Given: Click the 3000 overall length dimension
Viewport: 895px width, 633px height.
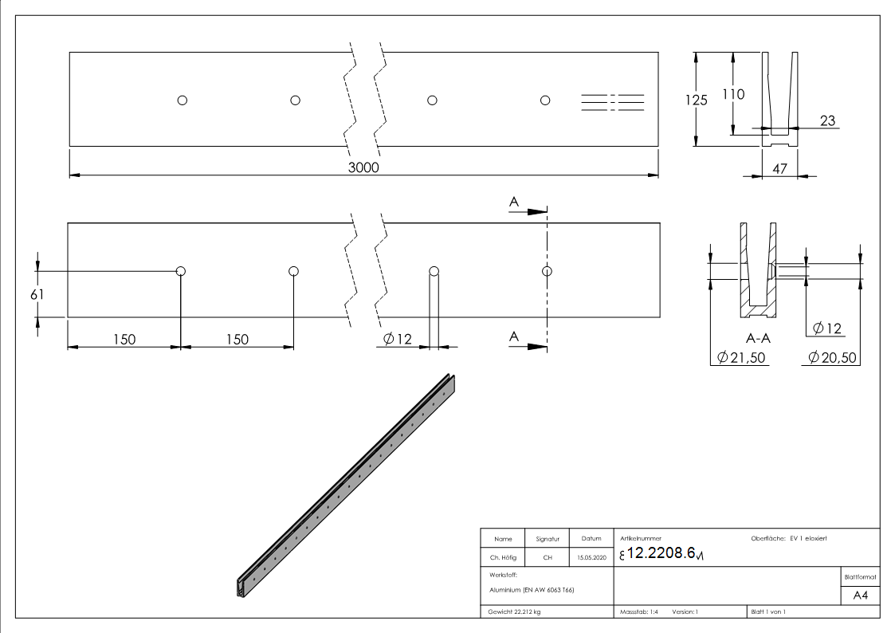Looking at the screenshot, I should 363,167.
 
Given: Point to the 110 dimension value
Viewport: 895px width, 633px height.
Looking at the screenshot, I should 733,94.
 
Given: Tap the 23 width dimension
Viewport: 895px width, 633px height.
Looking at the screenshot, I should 827,121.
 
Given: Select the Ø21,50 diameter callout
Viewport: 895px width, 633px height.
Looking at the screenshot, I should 741,358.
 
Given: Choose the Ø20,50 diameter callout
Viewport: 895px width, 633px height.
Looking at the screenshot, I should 832,358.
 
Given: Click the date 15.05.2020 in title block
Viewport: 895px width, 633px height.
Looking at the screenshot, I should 590,558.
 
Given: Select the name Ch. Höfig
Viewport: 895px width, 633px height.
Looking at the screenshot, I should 502,558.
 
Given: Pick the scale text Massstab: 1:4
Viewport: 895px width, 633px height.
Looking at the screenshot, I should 639,612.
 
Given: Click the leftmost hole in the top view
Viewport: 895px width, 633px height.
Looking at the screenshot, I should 183,100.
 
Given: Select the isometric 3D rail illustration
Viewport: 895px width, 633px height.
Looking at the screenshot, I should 348,485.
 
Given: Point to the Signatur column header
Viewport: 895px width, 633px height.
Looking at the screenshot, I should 548,540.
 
